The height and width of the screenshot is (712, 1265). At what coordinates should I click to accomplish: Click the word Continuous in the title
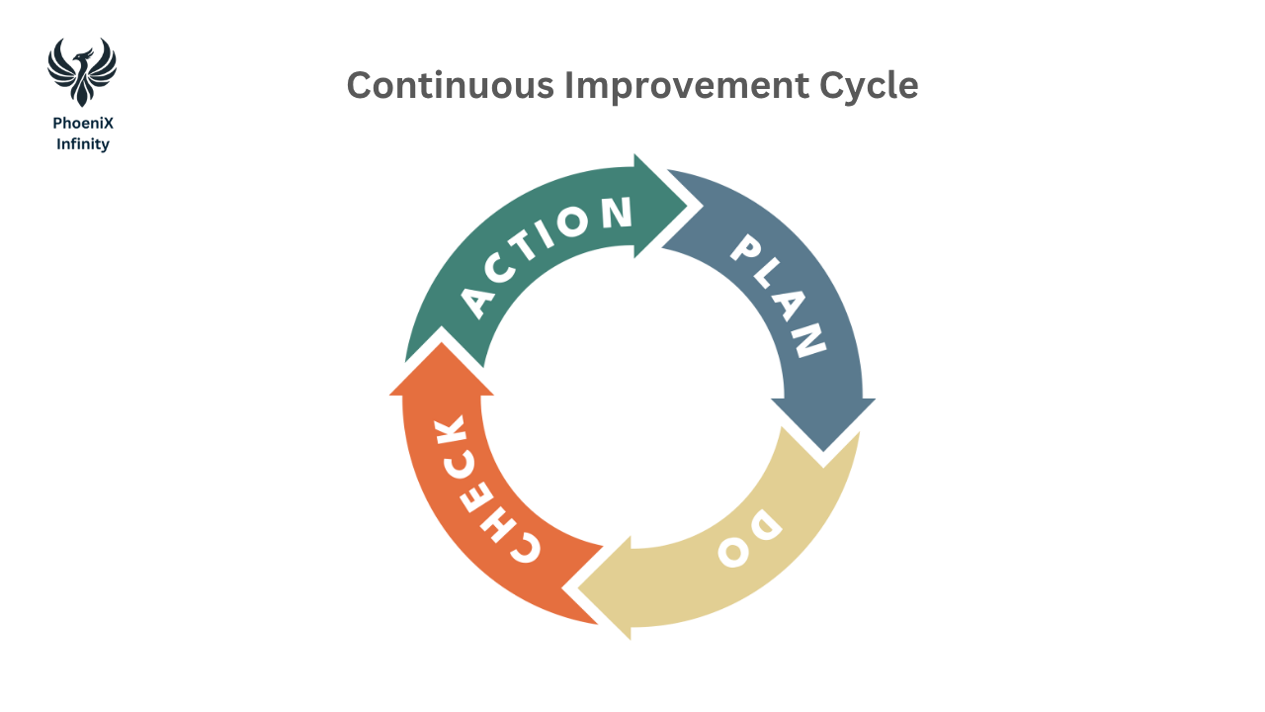[451, 86]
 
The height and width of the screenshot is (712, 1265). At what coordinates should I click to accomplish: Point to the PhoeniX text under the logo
[83, 124]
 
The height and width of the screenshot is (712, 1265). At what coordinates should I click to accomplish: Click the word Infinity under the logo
[83, 144]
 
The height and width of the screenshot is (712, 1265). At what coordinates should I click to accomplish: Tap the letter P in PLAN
[749, 250]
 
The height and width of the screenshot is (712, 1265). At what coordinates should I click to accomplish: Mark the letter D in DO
[767, 526]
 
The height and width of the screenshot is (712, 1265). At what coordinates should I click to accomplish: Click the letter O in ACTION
[582, 225]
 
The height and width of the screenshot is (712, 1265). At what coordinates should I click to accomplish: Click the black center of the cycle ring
[632, 396]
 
